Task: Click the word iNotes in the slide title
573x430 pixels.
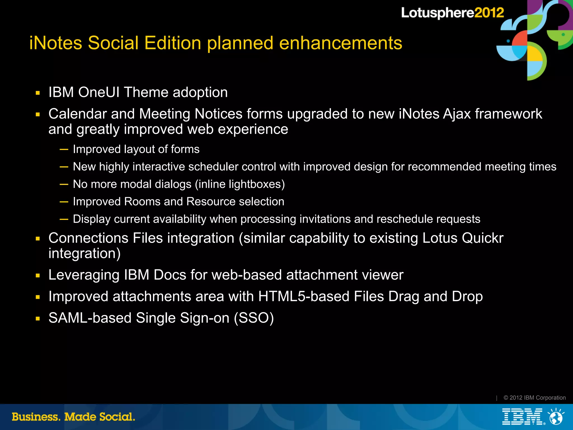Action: [x=56, y=43]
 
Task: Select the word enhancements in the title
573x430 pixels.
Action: [x=340, y=43]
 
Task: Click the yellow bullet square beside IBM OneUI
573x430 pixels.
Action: [x=38, y=93]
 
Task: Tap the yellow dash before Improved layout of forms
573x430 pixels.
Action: [x=64, y=149]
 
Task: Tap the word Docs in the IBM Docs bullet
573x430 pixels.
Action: [x=170, y=275]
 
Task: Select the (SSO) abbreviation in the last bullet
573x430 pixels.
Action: [x=254, y=318]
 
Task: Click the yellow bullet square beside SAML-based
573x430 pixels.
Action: [x=38, y=319]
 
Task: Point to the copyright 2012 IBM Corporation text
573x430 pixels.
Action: [x=534, y=398]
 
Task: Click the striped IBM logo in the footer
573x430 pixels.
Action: [x=522, y=417]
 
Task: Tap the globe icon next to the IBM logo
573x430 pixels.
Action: [x=556, y=417]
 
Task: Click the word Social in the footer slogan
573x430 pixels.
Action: [x=117, y=417]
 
